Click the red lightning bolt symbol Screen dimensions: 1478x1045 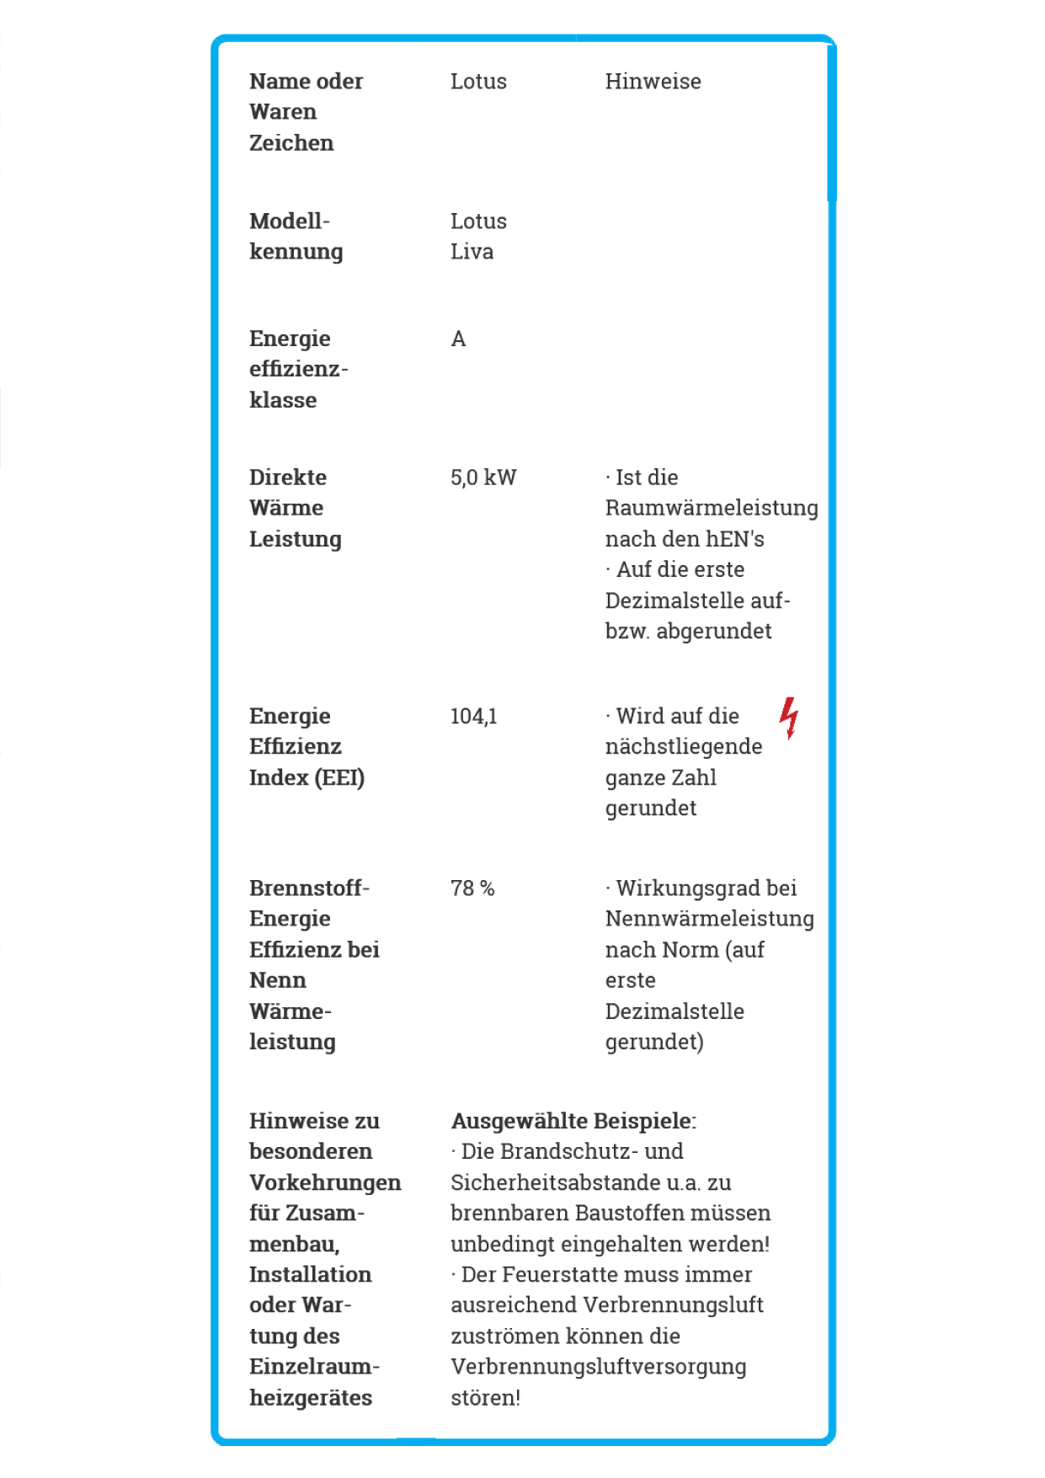788,718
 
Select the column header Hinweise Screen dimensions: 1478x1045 653,82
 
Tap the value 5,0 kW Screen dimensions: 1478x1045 483,478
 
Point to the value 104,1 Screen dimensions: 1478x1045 473,717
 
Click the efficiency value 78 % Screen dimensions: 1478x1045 472,888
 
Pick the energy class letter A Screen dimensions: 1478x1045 458,339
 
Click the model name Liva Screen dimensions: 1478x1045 472,252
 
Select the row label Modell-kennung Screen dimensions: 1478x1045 296,237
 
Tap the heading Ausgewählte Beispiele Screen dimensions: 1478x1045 573,1121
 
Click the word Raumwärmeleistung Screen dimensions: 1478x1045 712,509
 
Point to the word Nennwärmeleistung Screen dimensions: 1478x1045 709,919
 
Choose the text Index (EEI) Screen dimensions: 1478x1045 307,777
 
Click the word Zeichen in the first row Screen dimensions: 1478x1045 291,143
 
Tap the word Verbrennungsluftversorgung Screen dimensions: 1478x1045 598,1367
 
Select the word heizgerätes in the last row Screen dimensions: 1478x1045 311,1398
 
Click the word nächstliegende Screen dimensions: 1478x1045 684,747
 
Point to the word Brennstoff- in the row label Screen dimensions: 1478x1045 309,888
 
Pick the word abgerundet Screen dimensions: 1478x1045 713,632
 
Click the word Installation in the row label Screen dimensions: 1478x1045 310,1274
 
